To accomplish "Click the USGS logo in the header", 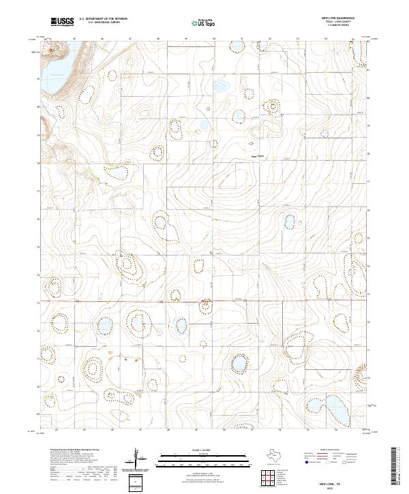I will (x=62, y=22).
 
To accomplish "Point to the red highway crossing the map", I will (x=204, y=300).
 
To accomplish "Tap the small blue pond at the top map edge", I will (x=236, y=47).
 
